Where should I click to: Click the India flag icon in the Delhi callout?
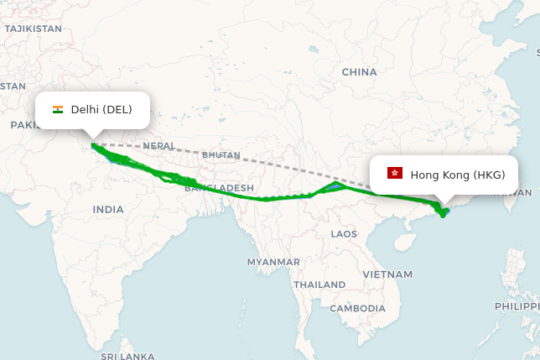click(58, 110)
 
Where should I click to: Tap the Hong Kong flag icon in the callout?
click(394, 174)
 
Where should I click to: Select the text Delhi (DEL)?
click(101, 110)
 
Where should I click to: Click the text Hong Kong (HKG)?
click(458, 175)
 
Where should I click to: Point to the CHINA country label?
click(359, 72)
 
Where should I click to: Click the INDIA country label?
click(108, 209)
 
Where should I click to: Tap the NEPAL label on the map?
click(158, 146)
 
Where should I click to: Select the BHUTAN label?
click(221, 155)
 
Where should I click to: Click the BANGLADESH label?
click(219, 187)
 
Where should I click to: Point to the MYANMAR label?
click(273, 262)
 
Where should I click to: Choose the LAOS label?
click(344, 233)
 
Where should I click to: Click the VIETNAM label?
click(387, 274)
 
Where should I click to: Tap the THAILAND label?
click(319, 284)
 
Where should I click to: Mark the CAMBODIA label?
click(357, 308)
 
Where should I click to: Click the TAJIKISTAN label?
click(33, 29)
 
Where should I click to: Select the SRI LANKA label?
click(127, 356)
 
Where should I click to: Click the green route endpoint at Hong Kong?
click(444, 211)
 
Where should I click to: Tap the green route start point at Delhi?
click(92, 145)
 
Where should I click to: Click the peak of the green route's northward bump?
click(335, 182)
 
